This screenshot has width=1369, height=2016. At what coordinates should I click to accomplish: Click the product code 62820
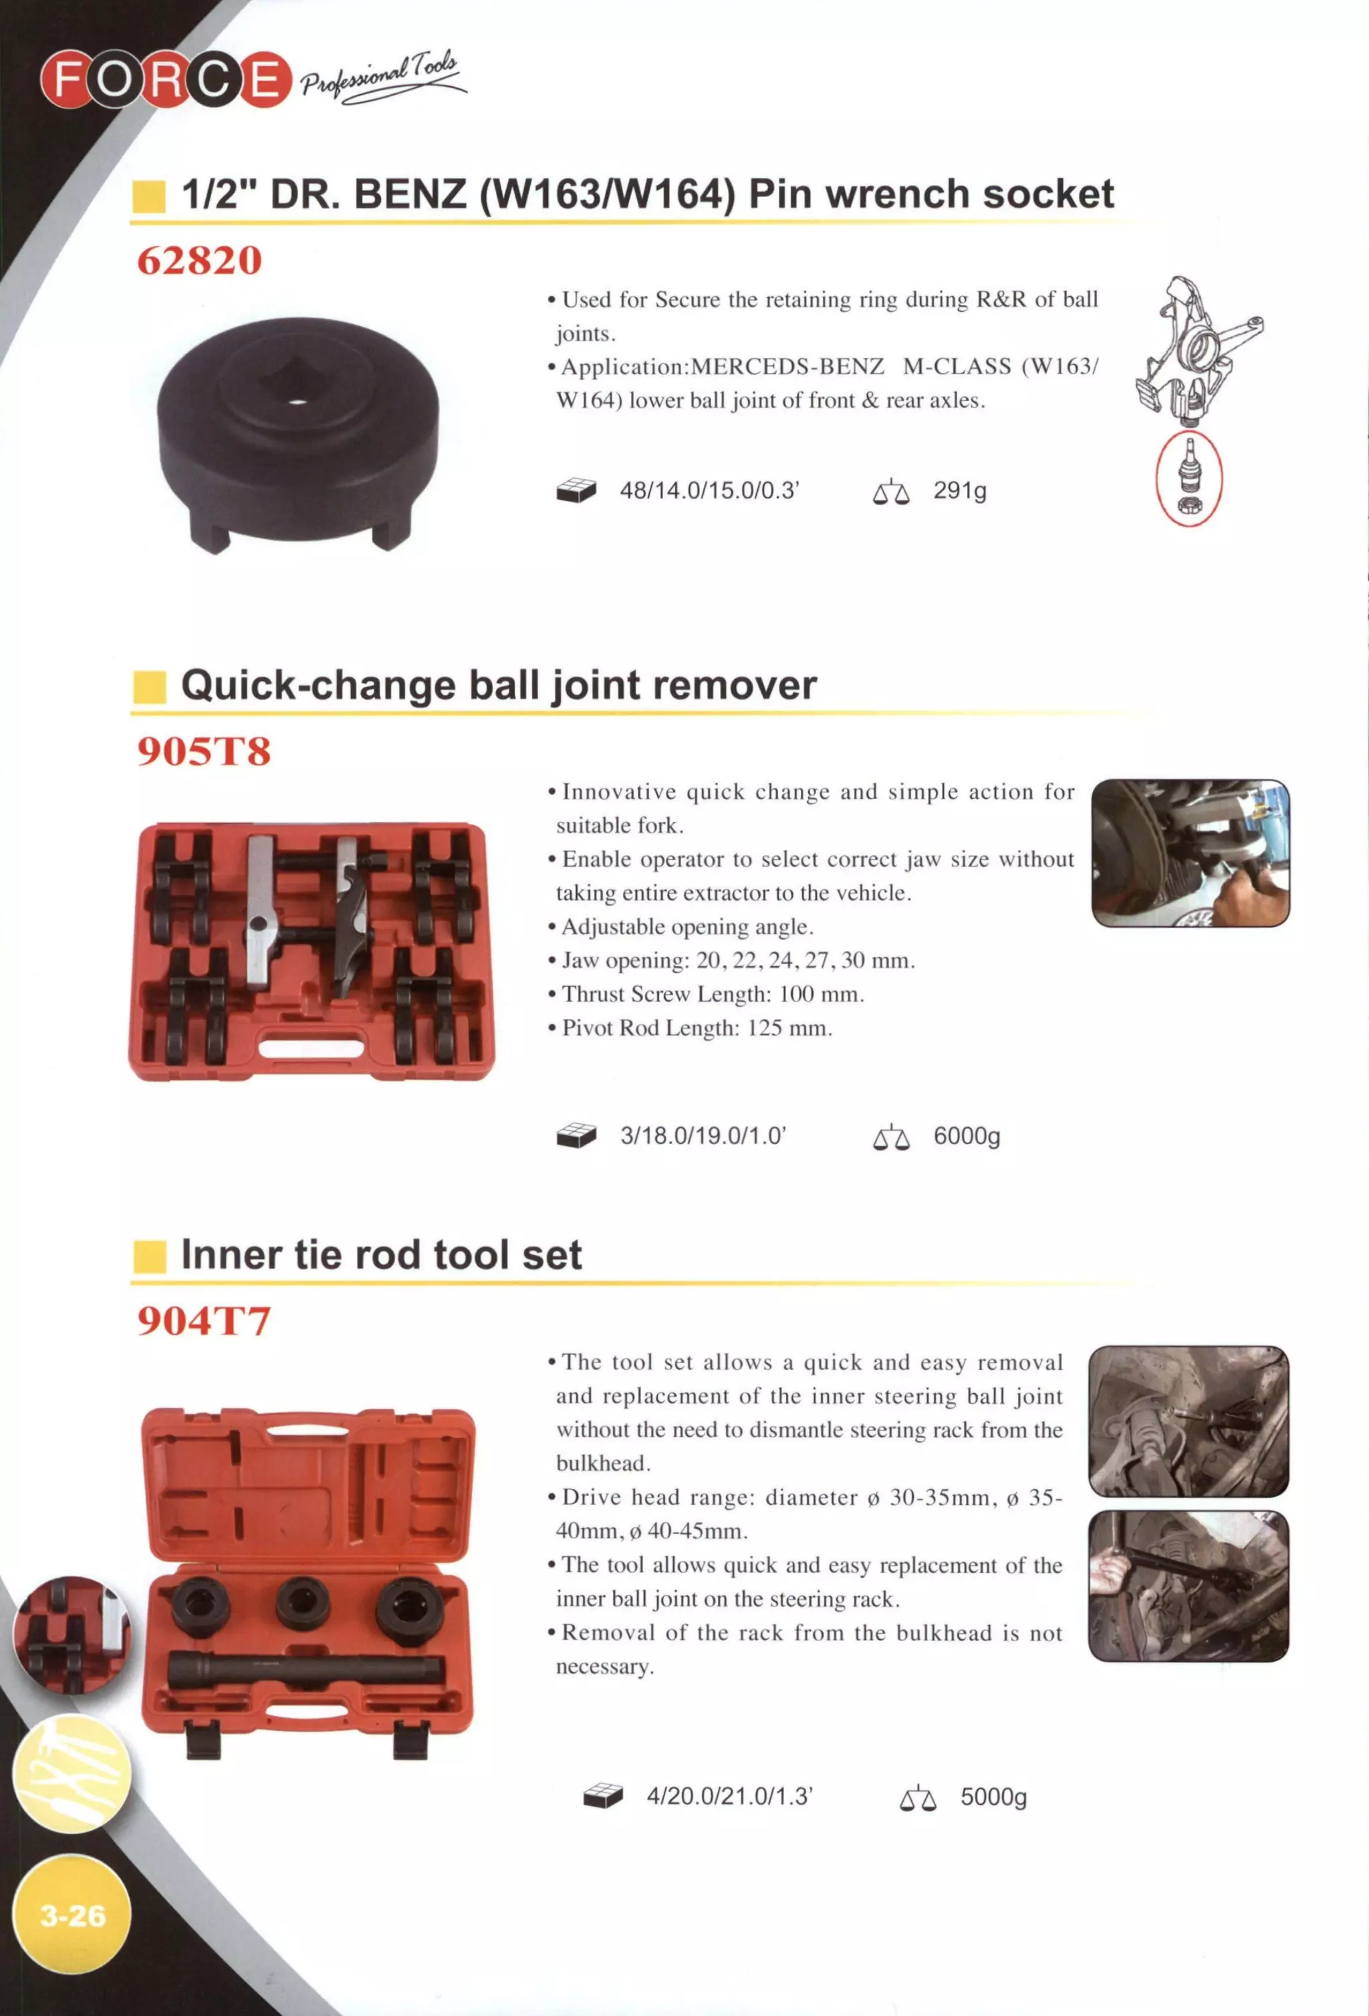[200, 260]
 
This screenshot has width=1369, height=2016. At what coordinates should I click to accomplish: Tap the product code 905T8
[204, 751]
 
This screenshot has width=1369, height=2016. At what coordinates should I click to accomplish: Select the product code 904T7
[204, 1321]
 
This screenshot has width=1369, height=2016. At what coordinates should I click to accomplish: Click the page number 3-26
[73, 1914]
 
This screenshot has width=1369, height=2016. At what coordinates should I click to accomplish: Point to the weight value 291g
[959, 491]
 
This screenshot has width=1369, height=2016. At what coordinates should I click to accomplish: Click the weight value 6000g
[967, 1137]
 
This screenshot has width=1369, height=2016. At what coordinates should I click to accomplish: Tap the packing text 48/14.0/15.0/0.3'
[709, 491]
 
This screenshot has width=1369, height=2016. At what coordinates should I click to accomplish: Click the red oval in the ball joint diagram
[1189, 480]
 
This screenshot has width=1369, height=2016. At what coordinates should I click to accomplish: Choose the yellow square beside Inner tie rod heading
[149, 1257]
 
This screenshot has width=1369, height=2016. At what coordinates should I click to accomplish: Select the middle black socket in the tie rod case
[302, 1600]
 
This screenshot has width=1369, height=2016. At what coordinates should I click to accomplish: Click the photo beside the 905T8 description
[1189, 853]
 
